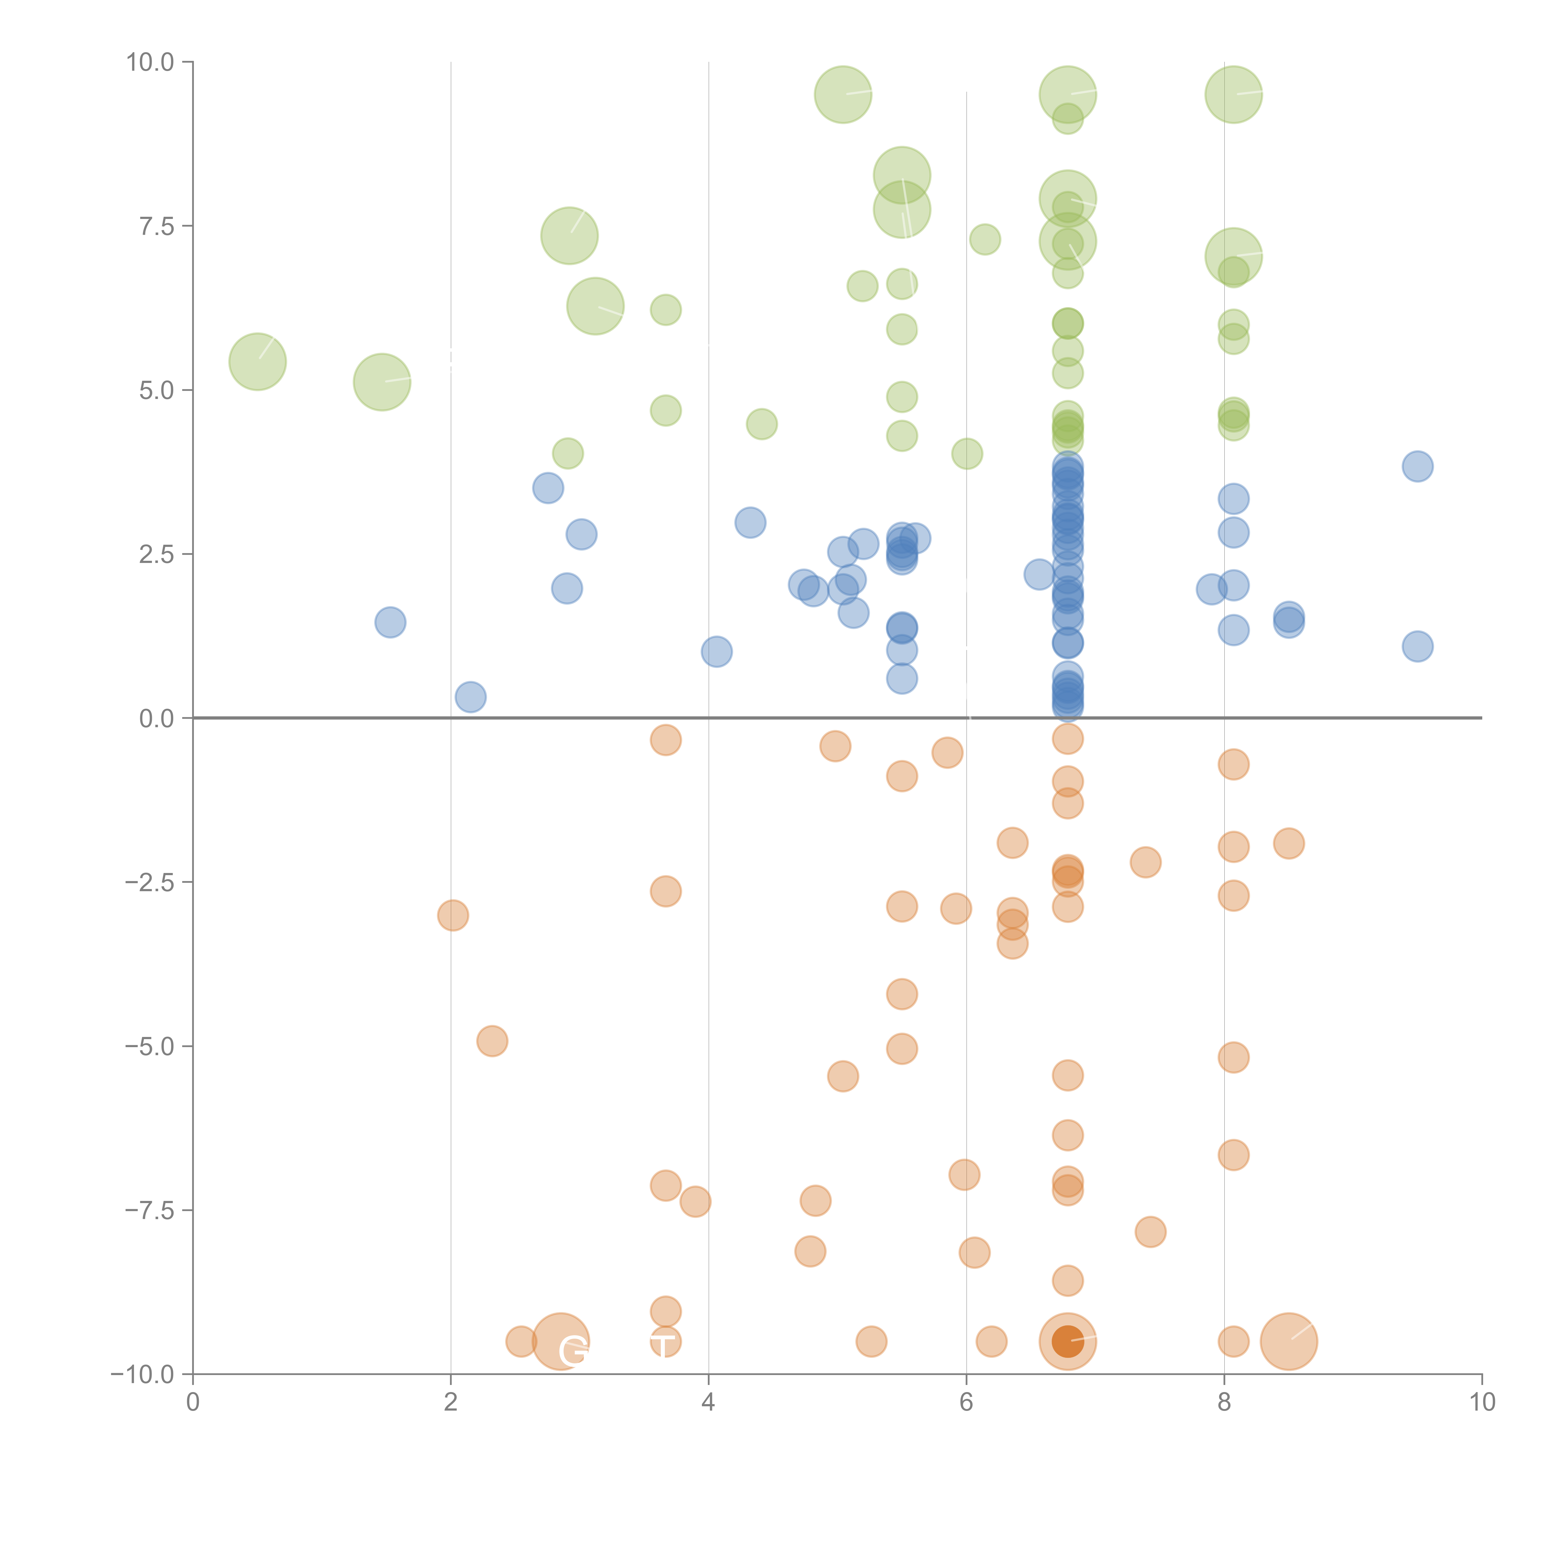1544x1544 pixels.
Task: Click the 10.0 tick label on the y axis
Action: [150, 62]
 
